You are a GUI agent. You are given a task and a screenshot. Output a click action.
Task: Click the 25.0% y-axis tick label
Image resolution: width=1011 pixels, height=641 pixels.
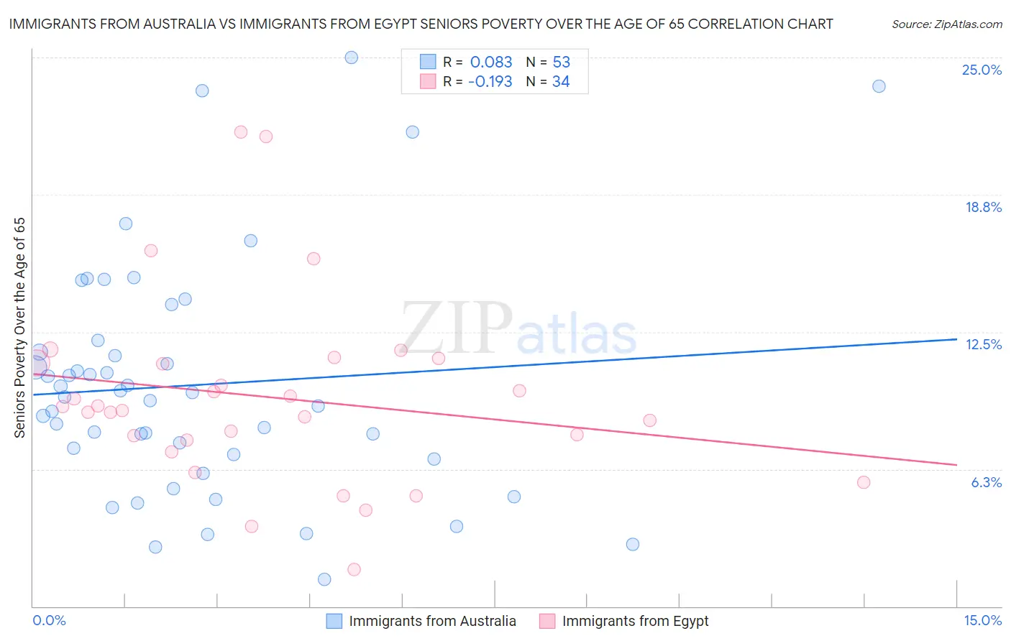[982, 70]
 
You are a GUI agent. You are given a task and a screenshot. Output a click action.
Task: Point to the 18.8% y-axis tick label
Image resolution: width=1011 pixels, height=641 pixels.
[983, 208]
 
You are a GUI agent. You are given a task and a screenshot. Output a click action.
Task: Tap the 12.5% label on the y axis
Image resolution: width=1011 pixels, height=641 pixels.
[983, 345]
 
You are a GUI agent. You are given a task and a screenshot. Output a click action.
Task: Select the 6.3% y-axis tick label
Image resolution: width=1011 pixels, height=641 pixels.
[986, 483]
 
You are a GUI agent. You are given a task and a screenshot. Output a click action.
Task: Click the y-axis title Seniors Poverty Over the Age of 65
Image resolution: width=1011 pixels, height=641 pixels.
[20, 328]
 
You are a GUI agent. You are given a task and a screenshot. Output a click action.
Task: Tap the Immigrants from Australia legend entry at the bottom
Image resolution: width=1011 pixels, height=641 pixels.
[422, 622]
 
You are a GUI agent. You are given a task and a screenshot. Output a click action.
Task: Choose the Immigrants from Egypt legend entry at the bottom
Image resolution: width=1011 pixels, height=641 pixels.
[625, 622]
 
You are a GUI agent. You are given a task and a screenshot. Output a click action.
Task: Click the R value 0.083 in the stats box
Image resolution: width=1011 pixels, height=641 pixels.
[491, 62]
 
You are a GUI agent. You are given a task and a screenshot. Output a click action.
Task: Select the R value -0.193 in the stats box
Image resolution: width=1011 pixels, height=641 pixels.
[490, 82]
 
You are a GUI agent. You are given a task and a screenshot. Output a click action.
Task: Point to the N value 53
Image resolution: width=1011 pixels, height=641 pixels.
[561, 62]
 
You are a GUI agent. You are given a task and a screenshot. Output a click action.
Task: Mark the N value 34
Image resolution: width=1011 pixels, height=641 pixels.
[561, 82]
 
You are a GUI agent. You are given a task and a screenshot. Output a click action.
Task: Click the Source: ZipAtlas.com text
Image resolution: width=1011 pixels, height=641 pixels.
[946, 24]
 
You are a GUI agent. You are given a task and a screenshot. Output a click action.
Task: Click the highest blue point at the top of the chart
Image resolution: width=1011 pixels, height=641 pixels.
[351, 57]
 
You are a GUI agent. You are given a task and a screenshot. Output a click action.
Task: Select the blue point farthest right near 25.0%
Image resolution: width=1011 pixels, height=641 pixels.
[879, 86]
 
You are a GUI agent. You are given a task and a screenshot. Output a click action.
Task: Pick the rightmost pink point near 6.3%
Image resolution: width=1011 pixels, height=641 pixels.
[864, 482]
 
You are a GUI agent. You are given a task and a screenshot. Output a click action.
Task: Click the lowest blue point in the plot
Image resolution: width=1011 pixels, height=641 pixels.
[324, 579]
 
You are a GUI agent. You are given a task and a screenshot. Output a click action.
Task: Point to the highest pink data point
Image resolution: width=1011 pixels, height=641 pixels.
[241, 132]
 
